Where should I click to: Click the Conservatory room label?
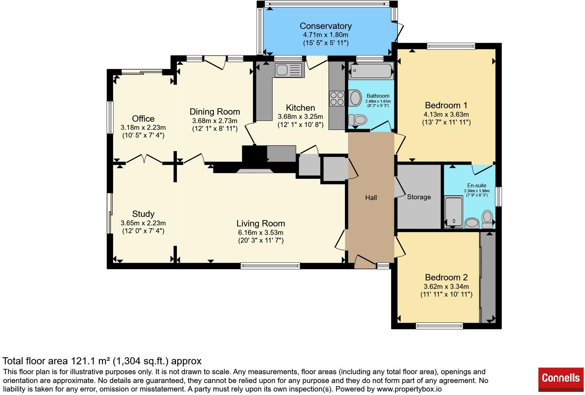[326, 26]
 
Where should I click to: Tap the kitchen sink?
[289, 70]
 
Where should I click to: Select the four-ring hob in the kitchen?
[337, 98]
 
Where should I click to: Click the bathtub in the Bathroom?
[371, 71]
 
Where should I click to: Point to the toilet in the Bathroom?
[358, 120]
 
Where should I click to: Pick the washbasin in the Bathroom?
[355, 98]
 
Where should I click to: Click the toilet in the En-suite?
[487, 219]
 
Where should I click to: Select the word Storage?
[419, 197]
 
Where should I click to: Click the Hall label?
[371, 198]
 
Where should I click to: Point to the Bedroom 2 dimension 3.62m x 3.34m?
[446, 286]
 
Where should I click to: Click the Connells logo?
[561, 379]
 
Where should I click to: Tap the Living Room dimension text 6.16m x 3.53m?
[261, 232]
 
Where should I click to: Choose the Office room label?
[143, 119]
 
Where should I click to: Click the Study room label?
[143, 214]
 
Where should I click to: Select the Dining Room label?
[215, 112]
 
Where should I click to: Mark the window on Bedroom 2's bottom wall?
[439, 326]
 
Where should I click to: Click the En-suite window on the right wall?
[498, 196]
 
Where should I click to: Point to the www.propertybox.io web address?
[409, 389]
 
